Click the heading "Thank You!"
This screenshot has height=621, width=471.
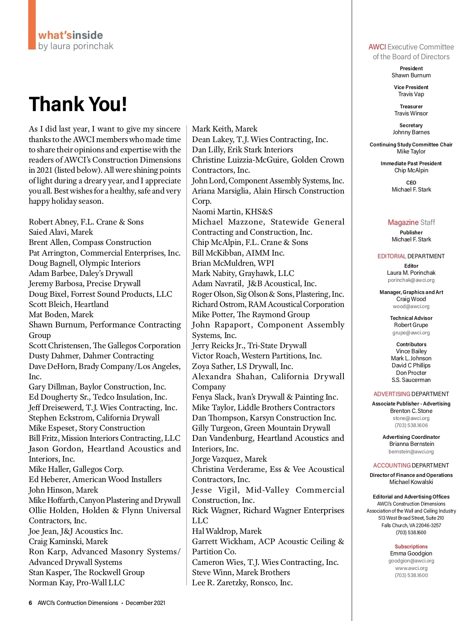tap(78, 104)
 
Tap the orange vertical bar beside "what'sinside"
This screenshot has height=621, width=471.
tap(32, 24)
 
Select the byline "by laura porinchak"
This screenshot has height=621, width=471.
tap(75, 46)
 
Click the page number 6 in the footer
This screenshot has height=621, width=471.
tap(30, 603)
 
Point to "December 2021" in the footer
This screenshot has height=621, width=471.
tap(145, 603)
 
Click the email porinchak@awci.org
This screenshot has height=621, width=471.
tap(411, 280)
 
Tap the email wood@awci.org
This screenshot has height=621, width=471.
tap(411, 307)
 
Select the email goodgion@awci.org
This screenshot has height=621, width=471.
tap(411, 561)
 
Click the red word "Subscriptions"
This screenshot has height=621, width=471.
tap(411, 546)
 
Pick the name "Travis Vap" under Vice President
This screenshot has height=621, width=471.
tap(411, 94)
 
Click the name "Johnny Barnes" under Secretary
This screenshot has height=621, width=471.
tap(411, 132)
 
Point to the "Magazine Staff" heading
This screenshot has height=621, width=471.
tap(411, 223)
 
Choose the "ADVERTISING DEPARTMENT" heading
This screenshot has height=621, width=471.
tap(411, 394)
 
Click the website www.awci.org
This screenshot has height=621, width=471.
tap(411, 568)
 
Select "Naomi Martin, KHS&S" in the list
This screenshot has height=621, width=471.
tap(232, 212)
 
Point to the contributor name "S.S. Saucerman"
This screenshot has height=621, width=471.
tap(411, 380)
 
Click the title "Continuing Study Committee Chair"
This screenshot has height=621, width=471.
tap(411, 144)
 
